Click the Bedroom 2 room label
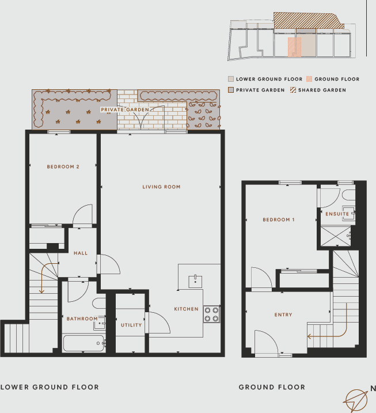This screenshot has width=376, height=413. tap(63, 167)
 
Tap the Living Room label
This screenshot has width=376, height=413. tap(162, 187)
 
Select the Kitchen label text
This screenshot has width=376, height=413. tap(186, 309)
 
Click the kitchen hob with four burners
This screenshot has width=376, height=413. tap(211, 313)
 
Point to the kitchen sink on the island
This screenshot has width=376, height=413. tap(196, 280)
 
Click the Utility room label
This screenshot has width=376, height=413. tap(131, 325)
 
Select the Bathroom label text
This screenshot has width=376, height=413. tap(82, 319)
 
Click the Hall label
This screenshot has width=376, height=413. tap(80, 253)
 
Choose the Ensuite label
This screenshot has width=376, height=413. tap(337, 214)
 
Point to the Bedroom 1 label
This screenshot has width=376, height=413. tap(279, 220)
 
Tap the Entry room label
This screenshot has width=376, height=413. tap(283, 315)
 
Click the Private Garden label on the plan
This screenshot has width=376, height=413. tap(125, 109)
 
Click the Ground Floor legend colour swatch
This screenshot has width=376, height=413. tap(309, 79)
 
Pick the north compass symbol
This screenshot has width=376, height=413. tap(356, 399)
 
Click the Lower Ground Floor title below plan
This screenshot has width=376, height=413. tap(50, 387)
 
